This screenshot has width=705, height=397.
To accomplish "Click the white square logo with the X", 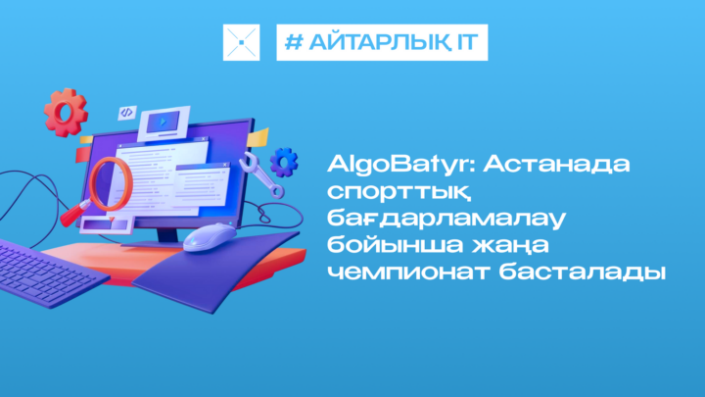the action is tap(242, 42).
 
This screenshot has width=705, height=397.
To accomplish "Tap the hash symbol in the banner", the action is tap(294, 42).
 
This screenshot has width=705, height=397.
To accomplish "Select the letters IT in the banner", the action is tap(467, 42).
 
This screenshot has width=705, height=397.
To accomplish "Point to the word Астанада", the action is tap(556, 165).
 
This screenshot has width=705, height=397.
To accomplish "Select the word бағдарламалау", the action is tap(446, 218).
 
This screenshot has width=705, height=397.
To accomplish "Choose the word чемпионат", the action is tap(408, 273).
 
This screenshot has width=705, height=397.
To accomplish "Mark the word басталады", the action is tap(583, 273).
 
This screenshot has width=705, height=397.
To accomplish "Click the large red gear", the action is tap(66, 113).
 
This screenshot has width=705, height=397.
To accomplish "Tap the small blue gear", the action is tap(284, 162).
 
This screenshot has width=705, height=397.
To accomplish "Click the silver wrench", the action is tap(261, 175).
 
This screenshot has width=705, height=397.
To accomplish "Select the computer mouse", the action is tap(210, 237).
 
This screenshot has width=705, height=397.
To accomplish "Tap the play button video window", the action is tap(164, 123).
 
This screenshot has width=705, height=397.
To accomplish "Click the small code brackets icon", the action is tap(126, 112).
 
